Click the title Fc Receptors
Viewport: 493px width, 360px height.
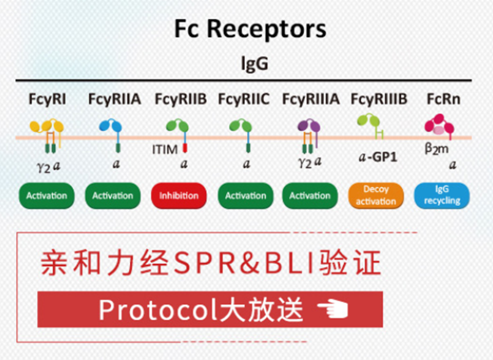click(250, 29)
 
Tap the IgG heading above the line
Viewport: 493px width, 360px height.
click(254, 63)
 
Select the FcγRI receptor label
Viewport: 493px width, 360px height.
click(47, 99)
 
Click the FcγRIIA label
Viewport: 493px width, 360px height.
click(115, 99)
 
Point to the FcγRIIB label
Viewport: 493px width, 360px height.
click(181, 99)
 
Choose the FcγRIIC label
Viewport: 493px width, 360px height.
click(244, 99)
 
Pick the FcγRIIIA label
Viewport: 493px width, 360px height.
click(311, 99)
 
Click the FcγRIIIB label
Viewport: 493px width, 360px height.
click(379, 99)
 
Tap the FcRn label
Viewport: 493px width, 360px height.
click(444, 99)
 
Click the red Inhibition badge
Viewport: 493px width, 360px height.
click(179, 196)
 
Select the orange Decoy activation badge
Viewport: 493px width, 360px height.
click(376, 196)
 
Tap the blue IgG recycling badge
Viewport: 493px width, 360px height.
click(442, 196)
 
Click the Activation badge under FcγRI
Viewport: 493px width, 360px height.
click(47, 196)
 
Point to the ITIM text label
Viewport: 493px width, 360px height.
click(165, 149)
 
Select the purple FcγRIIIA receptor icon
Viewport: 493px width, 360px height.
click(309, 135)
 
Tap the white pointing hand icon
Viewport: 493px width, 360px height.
click(333, 309)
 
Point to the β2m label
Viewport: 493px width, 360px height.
click(437, 149)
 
